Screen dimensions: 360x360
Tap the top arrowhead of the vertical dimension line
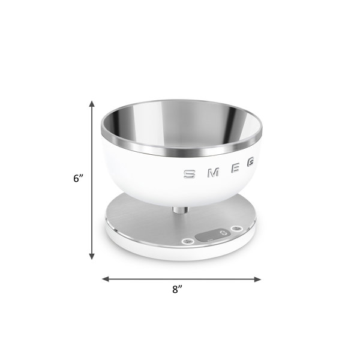tap(92, 104)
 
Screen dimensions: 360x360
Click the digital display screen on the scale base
tap(213, 235)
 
